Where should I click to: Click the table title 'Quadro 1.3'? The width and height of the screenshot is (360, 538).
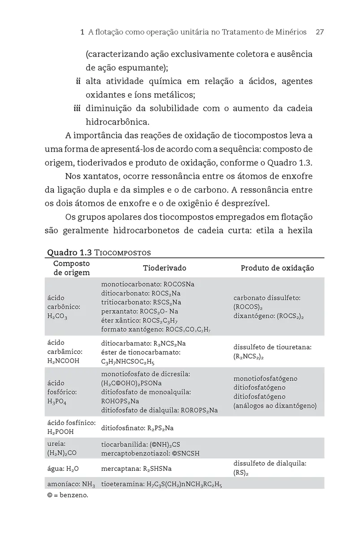69,252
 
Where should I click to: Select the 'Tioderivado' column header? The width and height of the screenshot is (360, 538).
165,268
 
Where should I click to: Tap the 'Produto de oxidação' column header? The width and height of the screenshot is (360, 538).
277,268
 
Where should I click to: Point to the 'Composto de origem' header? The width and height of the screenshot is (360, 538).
71,268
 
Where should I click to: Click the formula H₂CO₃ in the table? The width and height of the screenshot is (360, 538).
57,316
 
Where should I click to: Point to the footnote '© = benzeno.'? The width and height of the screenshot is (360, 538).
67,496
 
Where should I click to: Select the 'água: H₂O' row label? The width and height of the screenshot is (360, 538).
63,469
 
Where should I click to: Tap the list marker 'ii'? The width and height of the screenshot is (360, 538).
78,82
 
